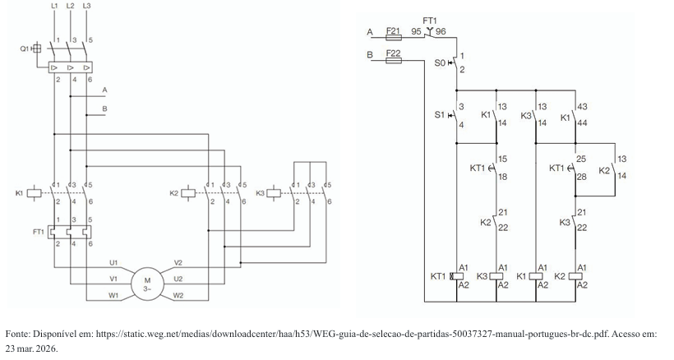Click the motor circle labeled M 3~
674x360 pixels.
147,284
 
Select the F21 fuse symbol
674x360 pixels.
394,37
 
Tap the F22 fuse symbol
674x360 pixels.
394,61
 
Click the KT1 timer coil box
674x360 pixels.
456,276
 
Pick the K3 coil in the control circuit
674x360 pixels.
496,276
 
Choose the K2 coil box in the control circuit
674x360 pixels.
575,276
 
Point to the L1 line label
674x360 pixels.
54,6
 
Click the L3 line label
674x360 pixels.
86,6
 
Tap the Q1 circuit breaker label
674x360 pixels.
24,48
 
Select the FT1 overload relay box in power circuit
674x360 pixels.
70,232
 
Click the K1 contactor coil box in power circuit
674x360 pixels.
34,193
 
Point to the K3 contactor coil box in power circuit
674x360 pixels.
274,193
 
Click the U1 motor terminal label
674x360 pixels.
113,262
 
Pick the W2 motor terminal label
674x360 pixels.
178,295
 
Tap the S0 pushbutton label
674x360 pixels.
440,63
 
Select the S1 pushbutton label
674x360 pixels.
439,115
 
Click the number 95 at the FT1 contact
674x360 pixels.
416,31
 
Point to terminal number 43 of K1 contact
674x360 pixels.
583,107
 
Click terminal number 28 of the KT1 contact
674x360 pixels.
581,177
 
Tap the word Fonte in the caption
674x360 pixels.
16,334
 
